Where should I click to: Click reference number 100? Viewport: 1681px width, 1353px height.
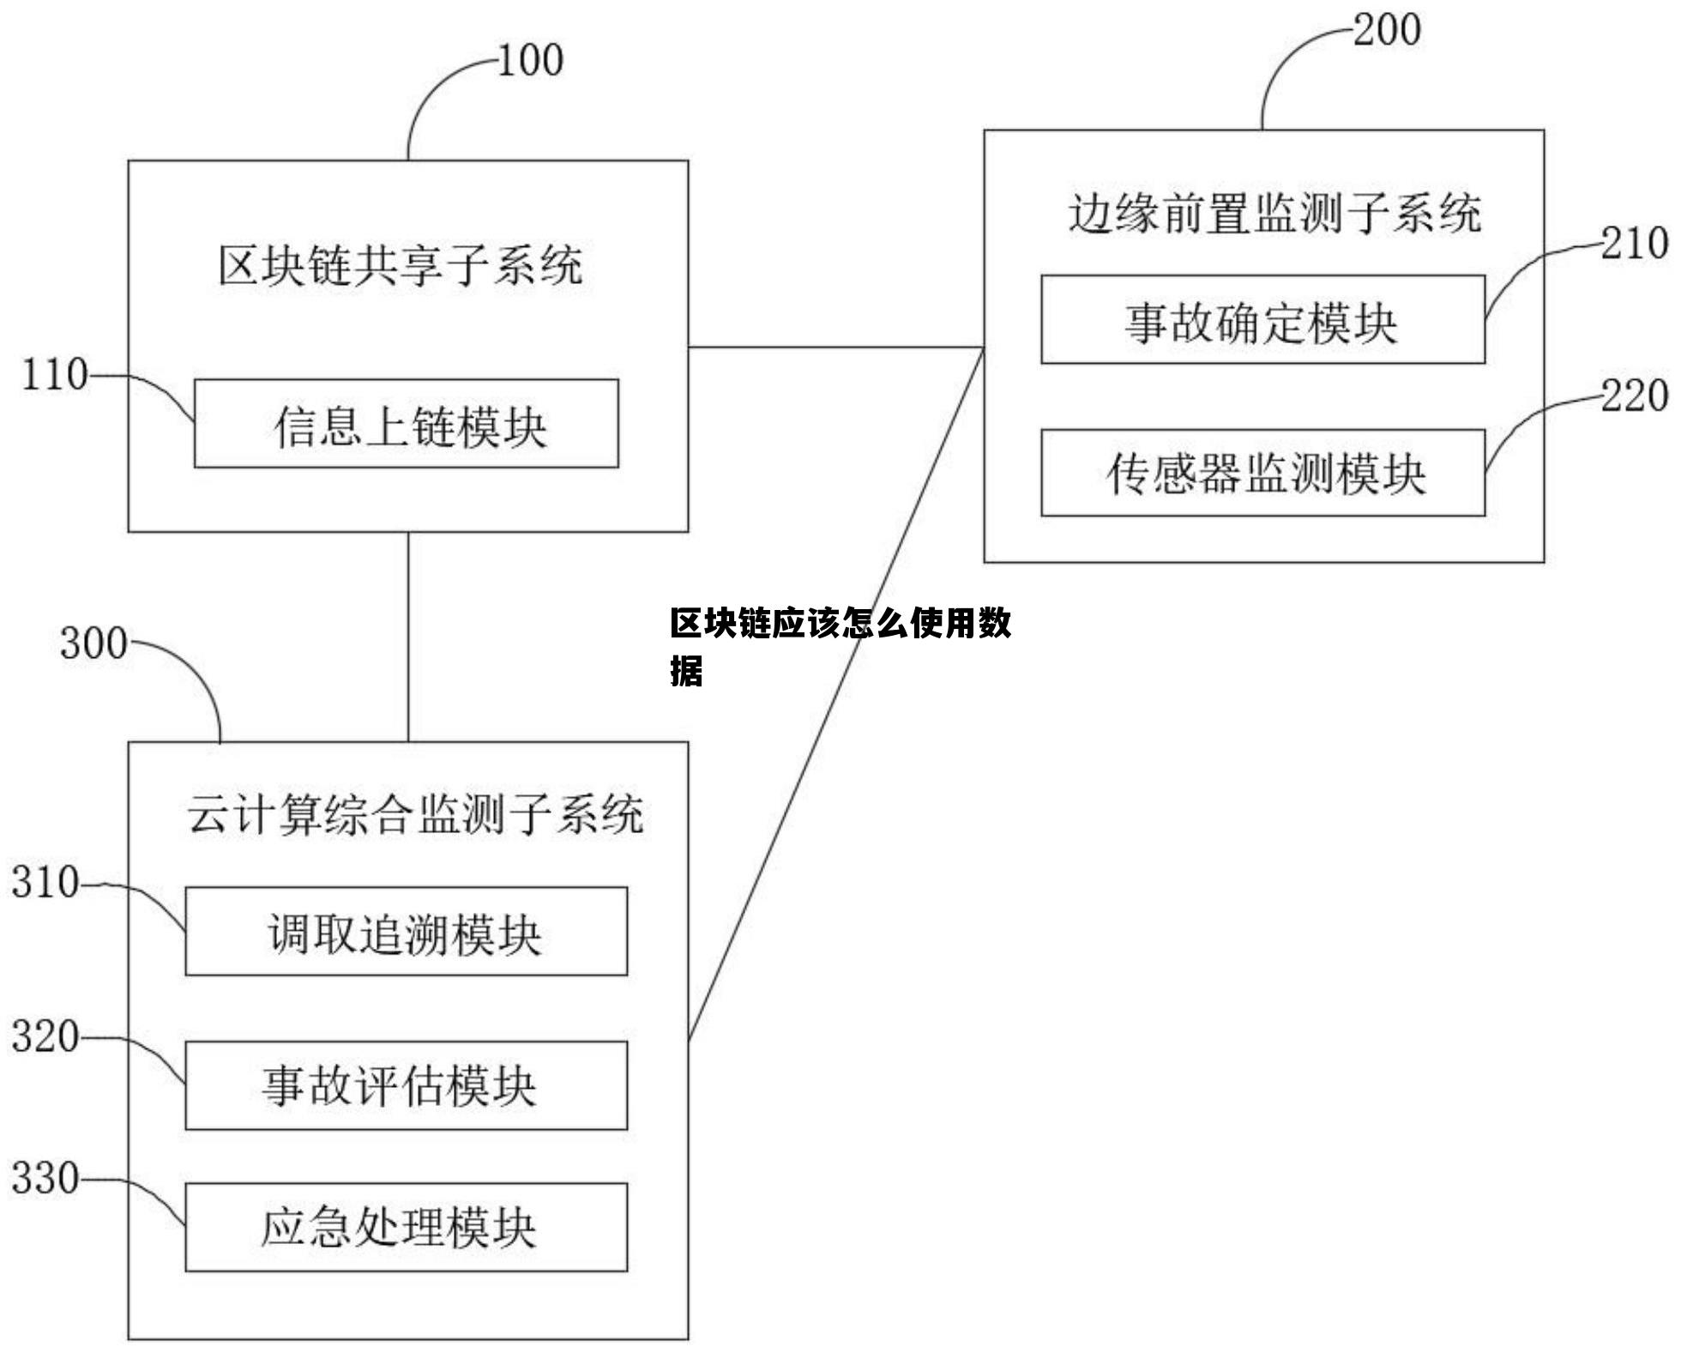coord(530,61)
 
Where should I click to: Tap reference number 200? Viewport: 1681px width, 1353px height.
coord(1387,30)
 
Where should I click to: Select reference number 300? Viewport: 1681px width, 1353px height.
coord(93,643)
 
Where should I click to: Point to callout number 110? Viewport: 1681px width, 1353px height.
coord(54,375)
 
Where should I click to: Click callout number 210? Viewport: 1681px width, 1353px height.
coord(1634,244)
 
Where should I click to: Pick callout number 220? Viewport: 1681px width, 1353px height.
coord(1634,396)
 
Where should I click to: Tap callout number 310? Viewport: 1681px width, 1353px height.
coord(45,883)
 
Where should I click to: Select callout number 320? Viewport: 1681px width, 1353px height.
coord(45,1036)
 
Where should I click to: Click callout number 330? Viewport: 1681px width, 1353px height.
coord(45,1179)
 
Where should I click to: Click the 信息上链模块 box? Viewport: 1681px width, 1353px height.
coord(406,424)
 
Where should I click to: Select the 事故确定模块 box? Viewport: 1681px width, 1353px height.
coord(1262,319)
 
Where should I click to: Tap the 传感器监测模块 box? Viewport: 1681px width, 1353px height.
coord(1262,473)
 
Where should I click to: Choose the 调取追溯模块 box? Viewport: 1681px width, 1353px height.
coord(406,932)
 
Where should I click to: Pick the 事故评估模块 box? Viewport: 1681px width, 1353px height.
coord(406,1085)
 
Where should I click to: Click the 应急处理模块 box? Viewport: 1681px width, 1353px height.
coord(406,1228)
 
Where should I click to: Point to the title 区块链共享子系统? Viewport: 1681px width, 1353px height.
coord(401,265)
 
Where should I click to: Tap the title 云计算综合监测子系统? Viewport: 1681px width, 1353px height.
coord(415,814)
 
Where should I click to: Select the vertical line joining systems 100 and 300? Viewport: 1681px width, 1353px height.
coord(408,637)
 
